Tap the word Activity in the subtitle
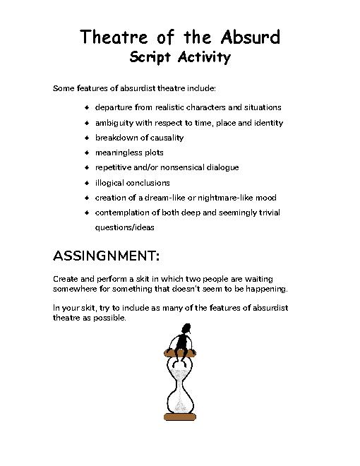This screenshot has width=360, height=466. (204, 58)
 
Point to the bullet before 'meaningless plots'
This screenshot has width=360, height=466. (86, 153)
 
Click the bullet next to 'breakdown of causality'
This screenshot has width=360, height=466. (86, 138)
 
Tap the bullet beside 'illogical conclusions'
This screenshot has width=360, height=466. (86, 183)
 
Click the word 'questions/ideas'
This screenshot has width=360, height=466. (125, 228)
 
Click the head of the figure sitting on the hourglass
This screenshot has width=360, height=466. (185, 328)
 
